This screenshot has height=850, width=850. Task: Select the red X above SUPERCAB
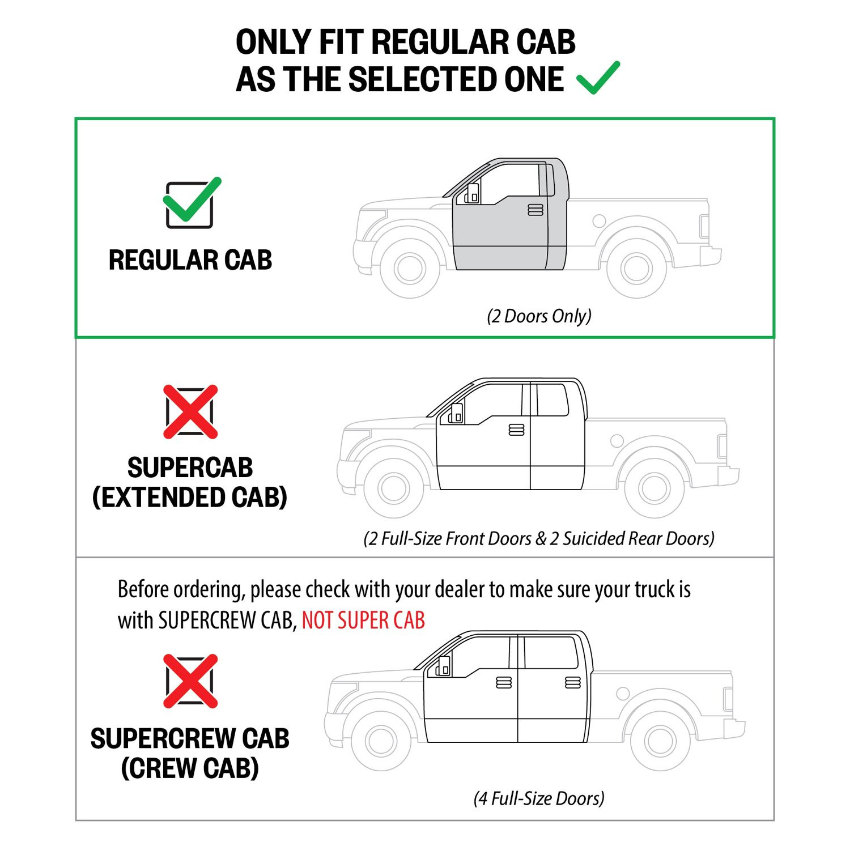(190, 412)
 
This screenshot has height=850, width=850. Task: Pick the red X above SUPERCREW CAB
(190, 681)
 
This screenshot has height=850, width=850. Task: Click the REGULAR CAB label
(190, 260)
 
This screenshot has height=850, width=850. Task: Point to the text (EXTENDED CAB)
(190, 497)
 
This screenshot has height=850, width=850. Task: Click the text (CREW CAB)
(190, 768)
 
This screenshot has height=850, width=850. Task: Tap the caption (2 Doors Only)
(539, 316)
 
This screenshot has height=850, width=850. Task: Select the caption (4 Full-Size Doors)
(539, 798)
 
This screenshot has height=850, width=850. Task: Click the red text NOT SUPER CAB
(363, 620)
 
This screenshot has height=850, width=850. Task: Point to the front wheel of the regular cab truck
(410, 268)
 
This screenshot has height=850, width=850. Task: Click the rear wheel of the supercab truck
(654, 488)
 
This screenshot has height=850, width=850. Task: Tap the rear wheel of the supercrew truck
(660, 740)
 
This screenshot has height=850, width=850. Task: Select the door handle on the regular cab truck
(535, 210)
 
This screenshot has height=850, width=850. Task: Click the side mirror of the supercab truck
(456, 414)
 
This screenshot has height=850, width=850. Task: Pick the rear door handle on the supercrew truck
(573, 683)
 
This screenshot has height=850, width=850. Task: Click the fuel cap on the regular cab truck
(599, 221)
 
